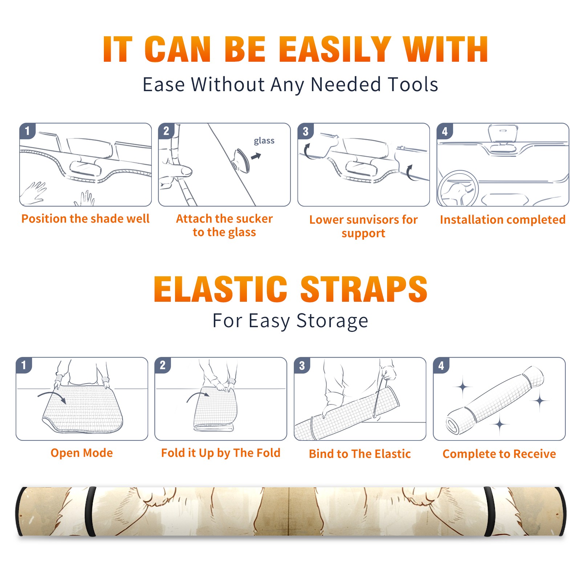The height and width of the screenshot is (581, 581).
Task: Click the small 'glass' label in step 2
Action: click(264, 141)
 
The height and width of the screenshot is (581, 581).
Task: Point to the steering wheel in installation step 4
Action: click(458, 189)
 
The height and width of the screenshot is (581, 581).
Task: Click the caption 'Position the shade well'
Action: click(85, 219)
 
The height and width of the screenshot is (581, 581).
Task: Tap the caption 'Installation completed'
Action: click(503, 219)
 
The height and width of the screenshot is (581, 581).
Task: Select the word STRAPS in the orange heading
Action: click(364, 289)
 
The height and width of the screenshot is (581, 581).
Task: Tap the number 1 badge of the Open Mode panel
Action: click(24, 365)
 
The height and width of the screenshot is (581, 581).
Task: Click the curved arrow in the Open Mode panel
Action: click(52, 397)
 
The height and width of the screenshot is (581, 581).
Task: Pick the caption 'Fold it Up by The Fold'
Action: click(221, 453)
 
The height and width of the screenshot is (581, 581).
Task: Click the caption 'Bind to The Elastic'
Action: click(360, 454)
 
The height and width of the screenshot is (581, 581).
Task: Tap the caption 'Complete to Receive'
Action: click(499, 454)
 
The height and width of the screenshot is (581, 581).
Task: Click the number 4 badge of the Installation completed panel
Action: click(445, 131)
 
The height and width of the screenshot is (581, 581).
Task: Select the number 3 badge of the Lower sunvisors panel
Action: click(305, 131)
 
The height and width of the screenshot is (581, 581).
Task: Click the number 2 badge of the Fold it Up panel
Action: click(163, 365)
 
